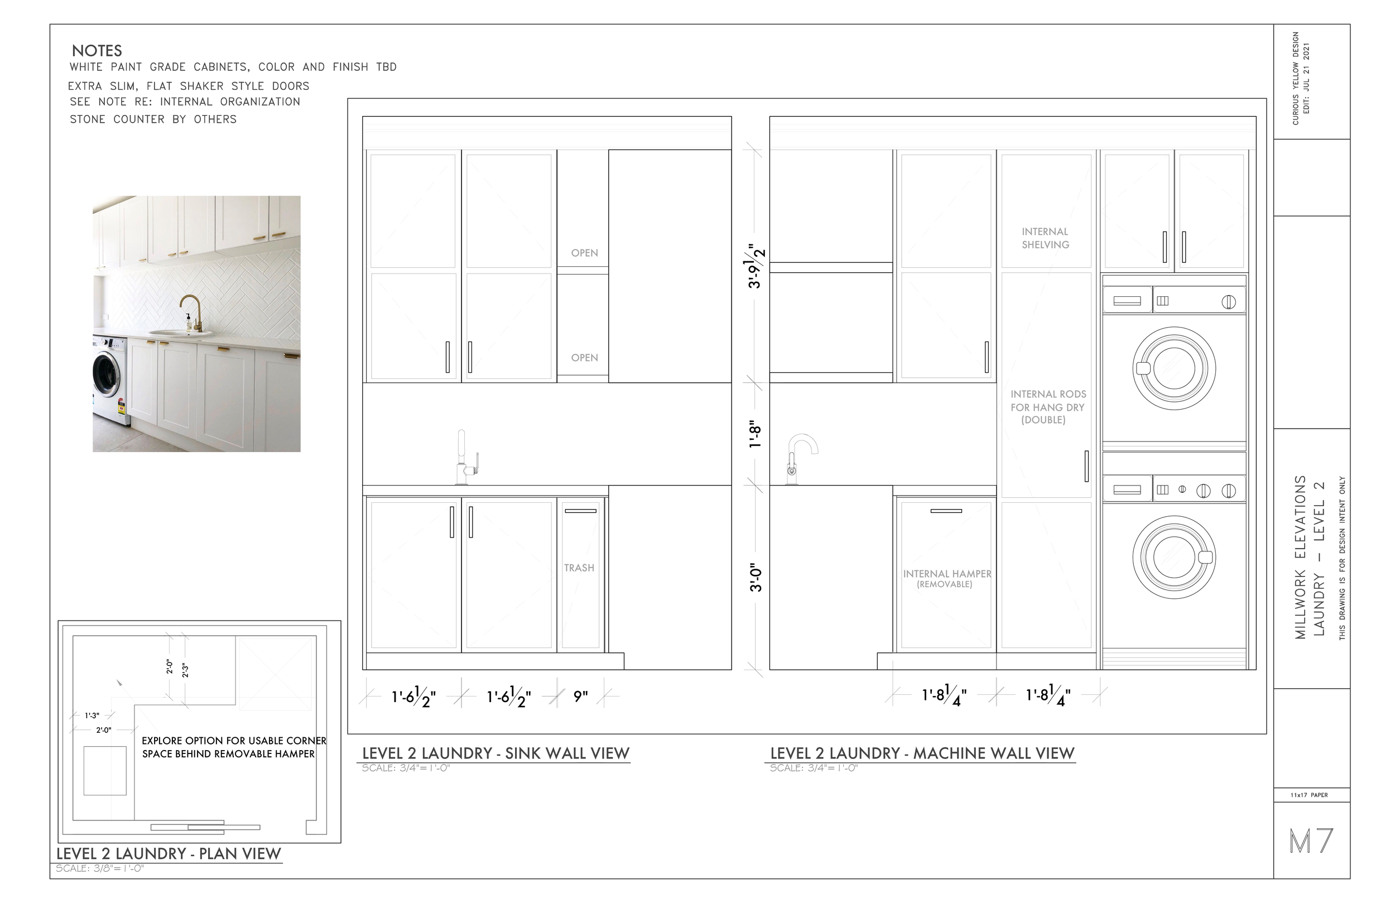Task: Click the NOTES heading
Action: (97, 51)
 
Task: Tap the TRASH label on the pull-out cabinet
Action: (579, 568)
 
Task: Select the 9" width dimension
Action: (580, 697)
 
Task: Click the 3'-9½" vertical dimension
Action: (755, 266)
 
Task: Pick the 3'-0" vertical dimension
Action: (756, 578)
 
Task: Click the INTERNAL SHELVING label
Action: (1045, 238)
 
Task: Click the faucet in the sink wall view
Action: (465, 458)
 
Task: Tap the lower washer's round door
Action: (1173, 557)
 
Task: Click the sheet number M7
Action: (1311, 841)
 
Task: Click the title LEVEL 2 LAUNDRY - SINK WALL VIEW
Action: (496, 753)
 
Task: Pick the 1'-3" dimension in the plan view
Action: (92, 715)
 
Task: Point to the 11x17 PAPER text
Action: (1309, 795)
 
